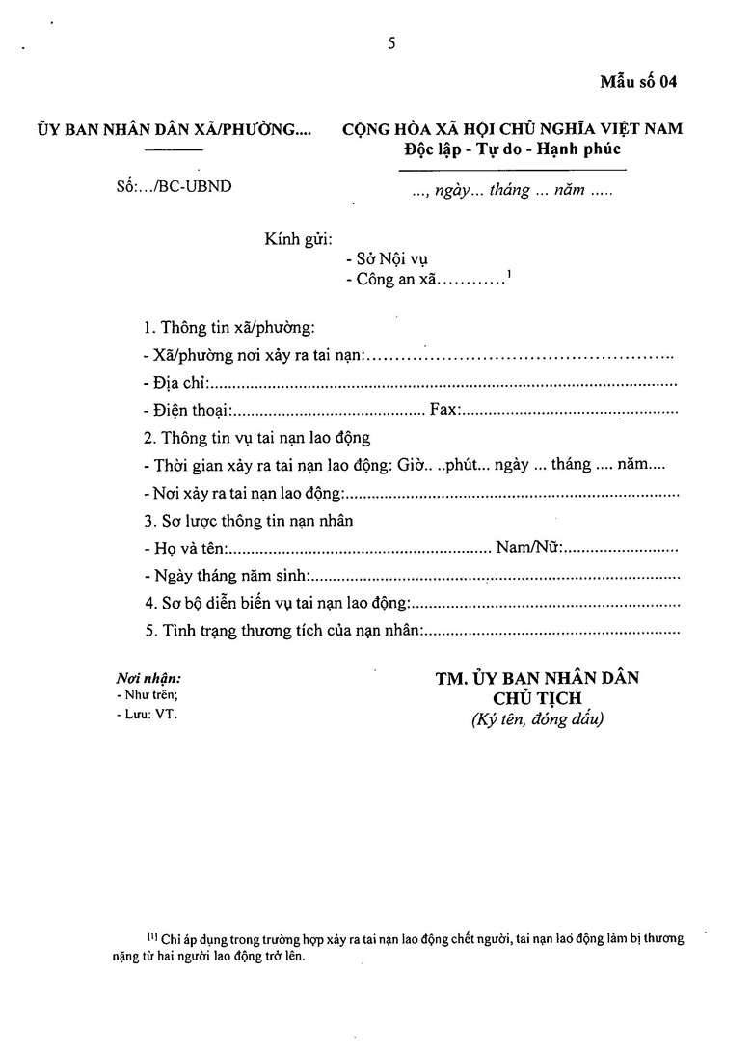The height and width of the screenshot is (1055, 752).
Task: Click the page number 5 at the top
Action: click(x=391, y=42)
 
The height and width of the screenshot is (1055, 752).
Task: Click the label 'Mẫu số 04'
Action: click(x=638, y=81)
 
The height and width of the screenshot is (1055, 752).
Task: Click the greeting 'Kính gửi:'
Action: click(x=299, y=239)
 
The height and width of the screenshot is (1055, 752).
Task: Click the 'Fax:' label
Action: click(x=444, y=410)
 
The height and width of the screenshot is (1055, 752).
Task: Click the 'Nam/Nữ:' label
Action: click(x=529, y=548)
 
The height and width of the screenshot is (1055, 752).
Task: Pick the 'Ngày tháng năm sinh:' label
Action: click(x=228, y=576)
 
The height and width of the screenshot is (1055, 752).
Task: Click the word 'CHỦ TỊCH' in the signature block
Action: click(x=537, y=697)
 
